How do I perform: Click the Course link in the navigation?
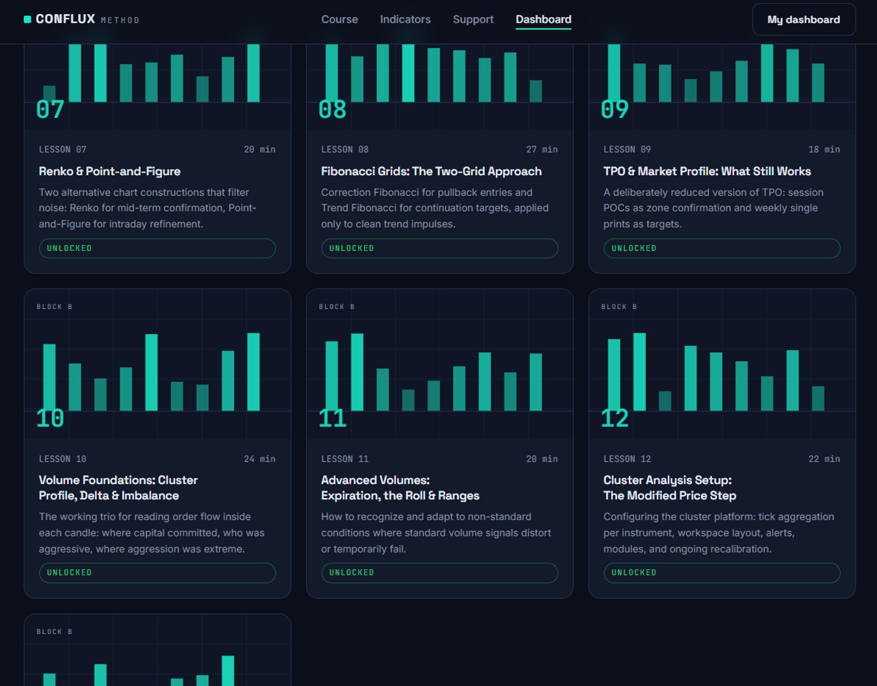(339, 20)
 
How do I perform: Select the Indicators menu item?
(405, 20)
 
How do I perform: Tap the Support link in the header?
(473, 20)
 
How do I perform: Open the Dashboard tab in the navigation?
(543, 20)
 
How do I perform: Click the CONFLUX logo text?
(65, 19)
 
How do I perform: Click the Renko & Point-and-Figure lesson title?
(110, 171)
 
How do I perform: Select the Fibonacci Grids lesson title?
(431, 171)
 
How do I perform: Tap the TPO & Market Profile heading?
(707, 171)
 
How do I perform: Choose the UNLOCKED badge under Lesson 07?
(157, 248)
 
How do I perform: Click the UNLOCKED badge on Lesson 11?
(439, 573)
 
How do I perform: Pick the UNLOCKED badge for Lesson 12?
(722, 573)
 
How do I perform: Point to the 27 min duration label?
(542, 150)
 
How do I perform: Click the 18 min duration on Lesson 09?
(824, 150)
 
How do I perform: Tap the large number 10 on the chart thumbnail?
(50, 418)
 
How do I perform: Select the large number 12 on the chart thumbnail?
(615, 418)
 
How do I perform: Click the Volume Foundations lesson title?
(118, 488)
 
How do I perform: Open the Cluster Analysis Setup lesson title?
(670, 488)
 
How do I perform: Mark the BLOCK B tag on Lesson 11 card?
(336, 307)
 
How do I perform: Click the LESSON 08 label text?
(344, 150)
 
